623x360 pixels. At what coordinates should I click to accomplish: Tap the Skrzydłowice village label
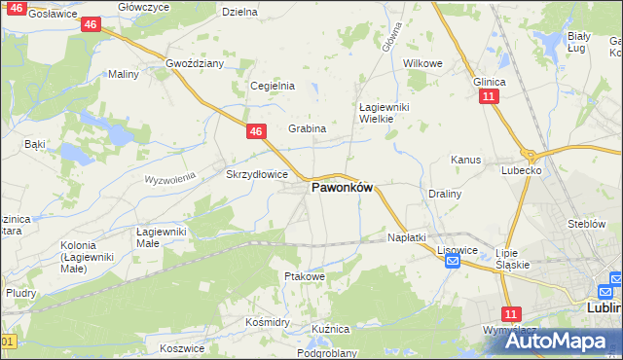[x=256, y=174]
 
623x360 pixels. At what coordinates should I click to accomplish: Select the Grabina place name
[x=307, y=128]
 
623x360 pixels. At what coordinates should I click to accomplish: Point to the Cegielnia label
[x=273, y=86]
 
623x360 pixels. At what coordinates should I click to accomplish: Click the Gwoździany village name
[x=195, y=63]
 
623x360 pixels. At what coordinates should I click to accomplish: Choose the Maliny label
[x=124, y=74]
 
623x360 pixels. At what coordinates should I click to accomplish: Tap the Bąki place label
[x=35, y=144]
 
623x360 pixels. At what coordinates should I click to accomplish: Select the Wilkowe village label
[x=422, y=63]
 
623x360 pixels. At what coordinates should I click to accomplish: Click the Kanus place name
[x=466, y=159]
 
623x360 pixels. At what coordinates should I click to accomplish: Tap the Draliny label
[x=445, y=194]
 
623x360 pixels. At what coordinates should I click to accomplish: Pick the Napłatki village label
[x=407, y=237]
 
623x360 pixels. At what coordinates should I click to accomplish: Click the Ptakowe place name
[x=304, y=276]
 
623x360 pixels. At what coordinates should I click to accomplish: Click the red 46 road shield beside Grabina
[x=255, y=131]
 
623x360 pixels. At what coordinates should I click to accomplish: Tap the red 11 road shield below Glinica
[x=489, y=97]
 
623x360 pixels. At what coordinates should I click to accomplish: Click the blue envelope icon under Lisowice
[x=452, y=261]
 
